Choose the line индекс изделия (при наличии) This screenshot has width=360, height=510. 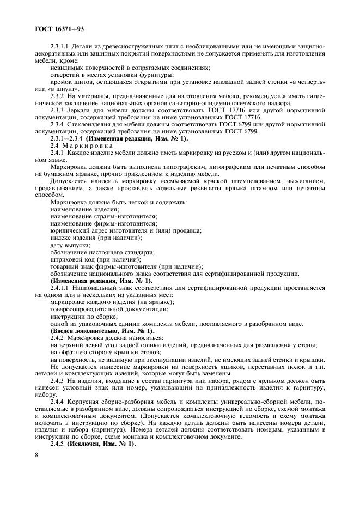pyautogui.click(x=96, y=238)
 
